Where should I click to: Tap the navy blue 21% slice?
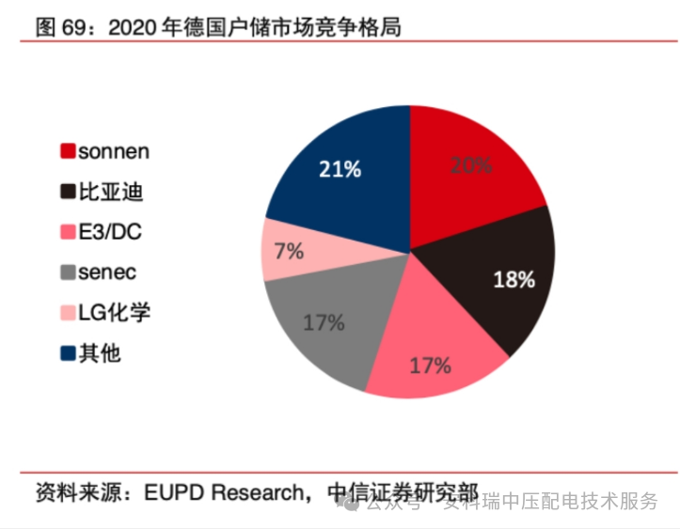pos(343,174)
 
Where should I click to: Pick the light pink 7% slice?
pos(287,251)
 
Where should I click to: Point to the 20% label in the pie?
pos(470,165)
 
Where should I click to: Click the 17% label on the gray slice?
pos(324,322)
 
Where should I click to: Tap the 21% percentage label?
pos(340,169)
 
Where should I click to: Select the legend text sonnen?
pos(114,150)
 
